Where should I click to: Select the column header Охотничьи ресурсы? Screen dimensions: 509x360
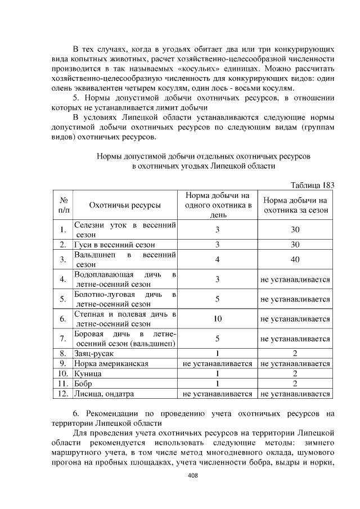[124, 205]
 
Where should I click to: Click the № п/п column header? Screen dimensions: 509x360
[64, 205]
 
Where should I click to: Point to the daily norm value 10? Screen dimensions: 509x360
[217, 319]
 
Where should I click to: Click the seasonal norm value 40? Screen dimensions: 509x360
[295, 259]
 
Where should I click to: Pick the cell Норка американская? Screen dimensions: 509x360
[111, 364]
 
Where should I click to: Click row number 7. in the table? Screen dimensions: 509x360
[64, 339]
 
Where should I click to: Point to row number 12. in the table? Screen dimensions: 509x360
[64, 394]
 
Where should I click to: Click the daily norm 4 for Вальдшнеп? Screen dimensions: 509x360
[217, 259]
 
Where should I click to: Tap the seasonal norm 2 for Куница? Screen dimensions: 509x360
[295, 374]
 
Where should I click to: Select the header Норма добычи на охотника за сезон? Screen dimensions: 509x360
[295, 205]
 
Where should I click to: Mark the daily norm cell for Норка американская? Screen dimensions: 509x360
[217, 364]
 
